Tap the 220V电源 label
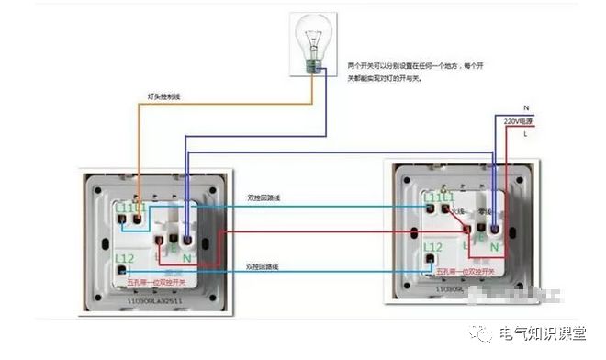coord(519,121)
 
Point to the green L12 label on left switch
coord(125,257)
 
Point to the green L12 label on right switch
coord(433,247)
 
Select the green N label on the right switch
coord(494,246)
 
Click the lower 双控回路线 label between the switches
coord(264,265)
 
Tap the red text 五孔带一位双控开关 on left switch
coord(154,282)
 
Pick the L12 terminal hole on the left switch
coord(122,271)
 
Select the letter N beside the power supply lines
coord(526,108)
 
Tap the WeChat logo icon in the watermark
coord(485,332)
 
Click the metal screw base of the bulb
coord(317,65)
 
